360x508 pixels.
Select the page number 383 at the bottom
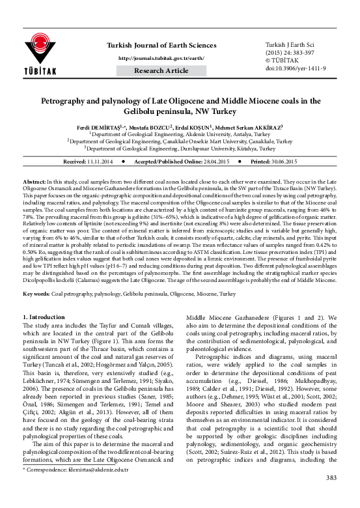(332, 498)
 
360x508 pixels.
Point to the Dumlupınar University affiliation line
(181, 148)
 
